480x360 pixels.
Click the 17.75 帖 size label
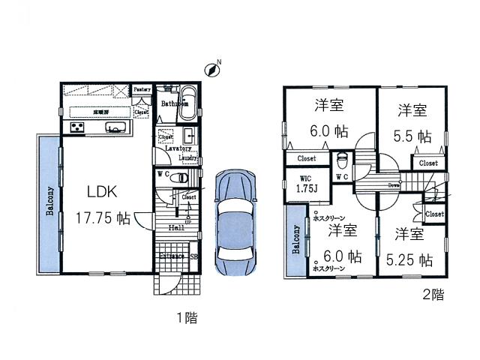[x=103, y=218]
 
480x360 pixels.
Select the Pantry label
[x=142, y=89]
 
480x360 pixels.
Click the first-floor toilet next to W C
[x=180, y=178]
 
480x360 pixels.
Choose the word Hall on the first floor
[x=175, y=227]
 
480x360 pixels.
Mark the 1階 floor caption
[x=187, y=317]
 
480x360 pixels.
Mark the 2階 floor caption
[x=433, y=295]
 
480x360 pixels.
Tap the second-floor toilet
[x=343, y=159]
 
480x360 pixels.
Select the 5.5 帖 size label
[x=412, y=136]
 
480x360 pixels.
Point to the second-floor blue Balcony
[x=295, y=248]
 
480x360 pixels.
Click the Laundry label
[x=188, y=158]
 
